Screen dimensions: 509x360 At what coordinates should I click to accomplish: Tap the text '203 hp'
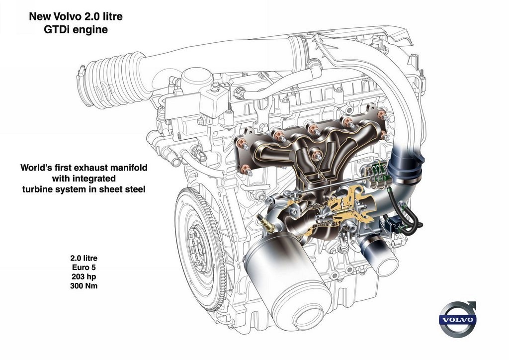click(x=84, y=276)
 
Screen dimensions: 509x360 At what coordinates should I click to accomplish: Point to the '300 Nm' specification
click(x=84, y=285)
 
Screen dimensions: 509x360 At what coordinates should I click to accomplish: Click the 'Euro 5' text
click(x=84, y=268)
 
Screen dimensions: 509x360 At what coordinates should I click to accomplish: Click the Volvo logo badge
click(x=458, y=319)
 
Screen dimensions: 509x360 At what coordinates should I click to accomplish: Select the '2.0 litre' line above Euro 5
click(x=84, y=259)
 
